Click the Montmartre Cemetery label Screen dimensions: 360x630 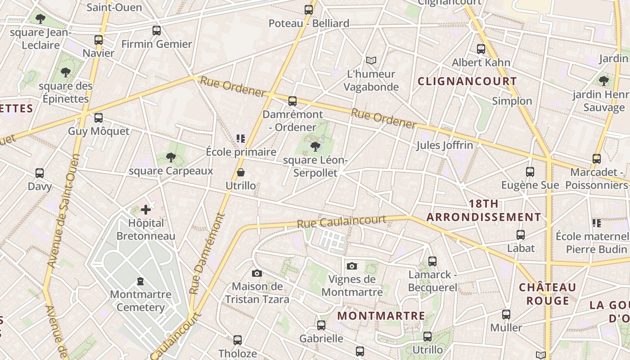140,301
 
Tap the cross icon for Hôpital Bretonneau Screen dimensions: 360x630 146,209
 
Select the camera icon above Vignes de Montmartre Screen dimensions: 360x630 352,266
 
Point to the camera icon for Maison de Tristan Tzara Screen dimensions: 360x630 257,273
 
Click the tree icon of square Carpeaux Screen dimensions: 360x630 171,157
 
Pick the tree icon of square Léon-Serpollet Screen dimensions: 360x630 315,146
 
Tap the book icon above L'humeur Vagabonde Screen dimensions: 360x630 371,60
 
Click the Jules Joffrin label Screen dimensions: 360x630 444,145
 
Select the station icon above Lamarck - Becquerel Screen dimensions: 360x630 432,261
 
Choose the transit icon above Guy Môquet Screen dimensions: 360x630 99,118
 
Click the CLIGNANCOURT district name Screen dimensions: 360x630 467,81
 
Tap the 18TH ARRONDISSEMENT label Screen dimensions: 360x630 484,210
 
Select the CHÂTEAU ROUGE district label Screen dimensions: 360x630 547,294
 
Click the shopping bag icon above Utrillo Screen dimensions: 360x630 241,172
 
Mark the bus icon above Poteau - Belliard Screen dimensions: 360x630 309,10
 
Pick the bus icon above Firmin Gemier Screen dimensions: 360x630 157,31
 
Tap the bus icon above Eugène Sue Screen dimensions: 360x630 530,171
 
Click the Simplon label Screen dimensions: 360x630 512,101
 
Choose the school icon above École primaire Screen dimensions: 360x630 241,138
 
